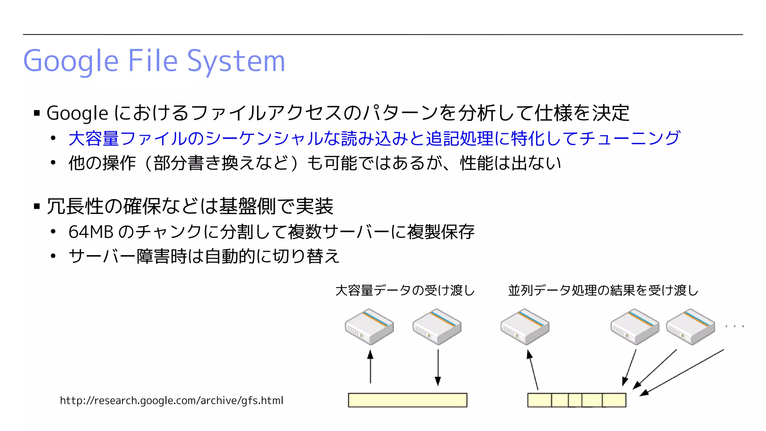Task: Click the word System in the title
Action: tap(236, 61)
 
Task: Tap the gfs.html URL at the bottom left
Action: tap(171, 400)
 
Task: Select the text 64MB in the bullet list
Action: tap(91, 232)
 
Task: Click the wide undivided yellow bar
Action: tap(407, 400)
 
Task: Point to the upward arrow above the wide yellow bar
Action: tap(370, 367)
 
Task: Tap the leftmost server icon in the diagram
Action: tap(369, 327)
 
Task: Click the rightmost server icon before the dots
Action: tap(690, 327)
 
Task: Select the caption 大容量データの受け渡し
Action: tap(405, 290)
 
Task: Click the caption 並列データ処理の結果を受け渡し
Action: tap(603, 290)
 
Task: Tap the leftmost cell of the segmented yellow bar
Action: tap(539, 400)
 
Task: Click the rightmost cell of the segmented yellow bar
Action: tap(614, 400)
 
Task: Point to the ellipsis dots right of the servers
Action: tap(734, 326)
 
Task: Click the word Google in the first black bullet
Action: tap(77, 113)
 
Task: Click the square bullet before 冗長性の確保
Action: tap(37, 206)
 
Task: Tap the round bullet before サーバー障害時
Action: tap(53, 256)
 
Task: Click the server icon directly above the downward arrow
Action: tap(437, 327)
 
